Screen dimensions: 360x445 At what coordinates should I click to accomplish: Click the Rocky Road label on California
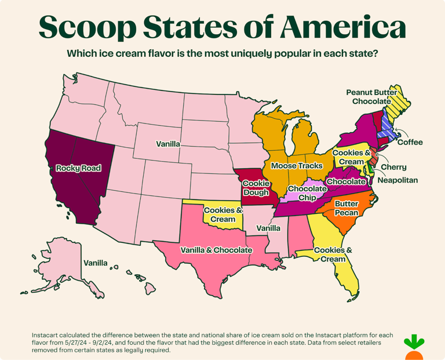click(78, 168)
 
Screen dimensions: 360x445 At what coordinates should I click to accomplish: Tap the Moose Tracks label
click(297, 166)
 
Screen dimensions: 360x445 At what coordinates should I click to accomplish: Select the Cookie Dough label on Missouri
click(255, 187)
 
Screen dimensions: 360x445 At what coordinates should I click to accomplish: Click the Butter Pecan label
click(346, 208)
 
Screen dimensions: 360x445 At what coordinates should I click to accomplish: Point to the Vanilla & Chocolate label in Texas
click(216, 250)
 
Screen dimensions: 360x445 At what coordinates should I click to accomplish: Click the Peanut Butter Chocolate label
click(371, 97)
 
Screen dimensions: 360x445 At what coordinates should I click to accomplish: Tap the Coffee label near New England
click(410, 142)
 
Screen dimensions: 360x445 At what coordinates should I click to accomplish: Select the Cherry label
click(393, 168)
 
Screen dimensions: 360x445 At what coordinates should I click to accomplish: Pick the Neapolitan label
click(397, 180)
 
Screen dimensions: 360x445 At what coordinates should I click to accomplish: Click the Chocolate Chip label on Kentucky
click(308, 193)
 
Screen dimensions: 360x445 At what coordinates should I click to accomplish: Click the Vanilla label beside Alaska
click(95, 263)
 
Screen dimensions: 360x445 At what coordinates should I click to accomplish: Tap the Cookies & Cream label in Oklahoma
click(223, 214)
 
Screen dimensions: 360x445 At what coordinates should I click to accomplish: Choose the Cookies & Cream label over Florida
click(333, 254)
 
